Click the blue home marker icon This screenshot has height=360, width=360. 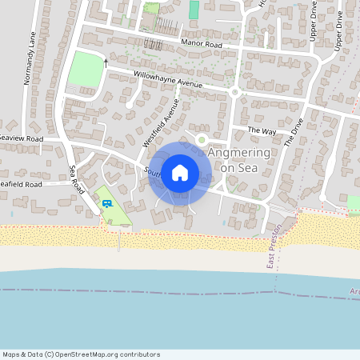click(180, 172)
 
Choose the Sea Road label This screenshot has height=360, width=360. click(77, 178)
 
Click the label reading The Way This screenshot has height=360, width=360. click(261, 130)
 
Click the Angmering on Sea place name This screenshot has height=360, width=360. click(239, 159)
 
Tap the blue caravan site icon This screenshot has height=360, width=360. click(105, 202)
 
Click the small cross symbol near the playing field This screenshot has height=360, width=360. click(105, 62)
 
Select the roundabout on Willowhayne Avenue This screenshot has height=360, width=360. click(234, 92)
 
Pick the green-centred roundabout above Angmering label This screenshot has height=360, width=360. click(202, 139)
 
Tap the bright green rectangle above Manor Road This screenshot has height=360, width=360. click(194, 10)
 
